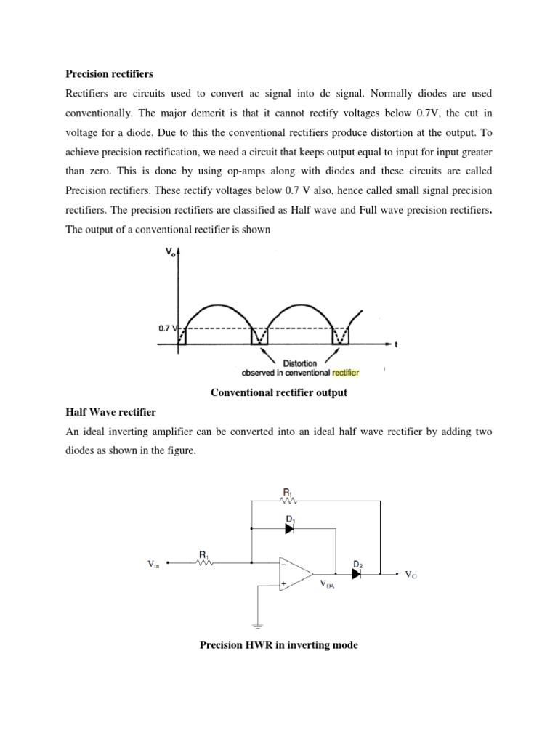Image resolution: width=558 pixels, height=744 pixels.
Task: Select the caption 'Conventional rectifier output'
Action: click(x=279, y=392)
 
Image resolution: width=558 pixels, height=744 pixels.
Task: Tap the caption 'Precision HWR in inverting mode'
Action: click(x=279, y=644)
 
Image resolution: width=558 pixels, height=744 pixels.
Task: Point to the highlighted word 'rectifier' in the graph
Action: click(x=345, y=373)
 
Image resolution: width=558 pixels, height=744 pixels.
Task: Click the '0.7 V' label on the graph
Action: click(x=168, y=328)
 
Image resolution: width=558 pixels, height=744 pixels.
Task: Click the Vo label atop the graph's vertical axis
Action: click(x=171, y=251)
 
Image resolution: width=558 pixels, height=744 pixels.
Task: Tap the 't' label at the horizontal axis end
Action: click(x=396, y=345)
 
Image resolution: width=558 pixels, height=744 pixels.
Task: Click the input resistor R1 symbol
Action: click(x=204, y=562)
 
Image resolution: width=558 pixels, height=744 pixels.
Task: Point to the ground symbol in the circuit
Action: click(x=256, y=624)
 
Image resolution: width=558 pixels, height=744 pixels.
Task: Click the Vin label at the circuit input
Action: click(x=155, y=563)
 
